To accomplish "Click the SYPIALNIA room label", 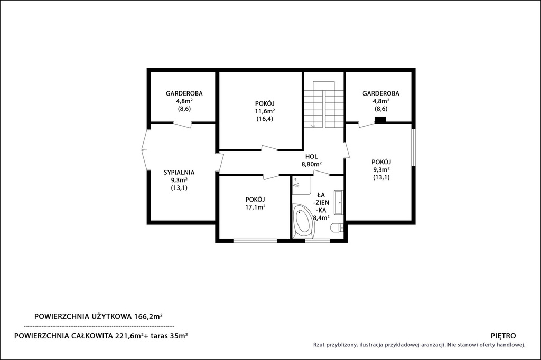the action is pos(179,173).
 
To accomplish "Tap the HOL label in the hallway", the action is pos(311,157).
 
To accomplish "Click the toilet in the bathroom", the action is pos(337,228).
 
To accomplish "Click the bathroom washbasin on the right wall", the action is pos(340,202).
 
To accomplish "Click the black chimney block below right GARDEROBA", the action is pos(380,120).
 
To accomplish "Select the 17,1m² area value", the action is pos(255,207).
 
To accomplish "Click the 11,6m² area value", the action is pos(265,111).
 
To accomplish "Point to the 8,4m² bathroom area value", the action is pos(321,217).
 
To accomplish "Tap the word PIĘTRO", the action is pos(503,336).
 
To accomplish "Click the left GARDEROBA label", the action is pos(184,93).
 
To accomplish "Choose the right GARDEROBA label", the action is pos(381,93).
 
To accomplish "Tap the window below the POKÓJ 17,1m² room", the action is pos(255,240).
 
